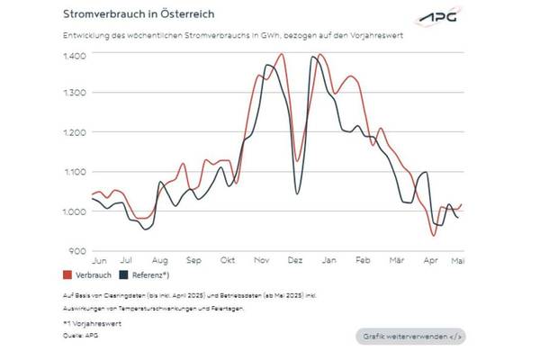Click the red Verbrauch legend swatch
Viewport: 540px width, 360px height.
point(67,274)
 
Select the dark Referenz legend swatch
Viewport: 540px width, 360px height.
point(125,274)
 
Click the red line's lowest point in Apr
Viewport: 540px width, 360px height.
point(434,236)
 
